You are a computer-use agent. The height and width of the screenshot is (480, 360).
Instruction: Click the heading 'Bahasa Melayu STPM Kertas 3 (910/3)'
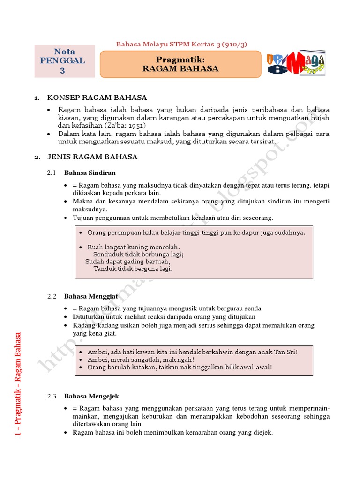click(x=181, y=45)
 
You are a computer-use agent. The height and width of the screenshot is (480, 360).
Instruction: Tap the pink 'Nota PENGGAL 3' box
click(x=65, y=61)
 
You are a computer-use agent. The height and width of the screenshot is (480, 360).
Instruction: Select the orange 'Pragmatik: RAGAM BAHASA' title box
click(x=180, y=64)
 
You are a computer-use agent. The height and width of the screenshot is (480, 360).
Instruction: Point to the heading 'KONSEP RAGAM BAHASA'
click(x=97, y=97)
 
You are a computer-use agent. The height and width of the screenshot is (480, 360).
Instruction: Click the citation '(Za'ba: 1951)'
click(x=125, y=126)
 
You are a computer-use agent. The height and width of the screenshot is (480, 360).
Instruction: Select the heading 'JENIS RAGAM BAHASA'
click(x=92, y=157)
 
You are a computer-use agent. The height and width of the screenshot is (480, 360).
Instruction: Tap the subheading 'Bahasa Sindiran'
click(x=90, y=172)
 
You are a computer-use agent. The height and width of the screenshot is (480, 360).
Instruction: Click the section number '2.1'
click(x=52, y=172)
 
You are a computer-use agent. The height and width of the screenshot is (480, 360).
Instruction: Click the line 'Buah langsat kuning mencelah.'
click(x=134, y=247)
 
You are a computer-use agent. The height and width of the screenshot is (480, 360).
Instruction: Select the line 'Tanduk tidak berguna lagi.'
click(x=133, y=269)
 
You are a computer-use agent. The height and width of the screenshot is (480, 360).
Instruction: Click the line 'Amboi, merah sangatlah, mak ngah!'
click(x=141, y=360)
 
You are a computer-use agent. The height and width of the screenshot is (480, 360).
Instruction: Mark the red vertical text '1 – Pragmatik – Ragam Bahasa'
click(x=18, y=384)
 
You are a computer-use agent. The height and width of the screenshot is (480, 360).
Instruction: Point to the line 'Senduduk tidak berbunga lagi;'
click(x=138, y=255)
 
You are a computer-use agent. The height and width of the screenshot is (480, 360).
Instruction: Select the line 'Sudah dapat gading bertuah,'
click(x=127, y=262)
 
